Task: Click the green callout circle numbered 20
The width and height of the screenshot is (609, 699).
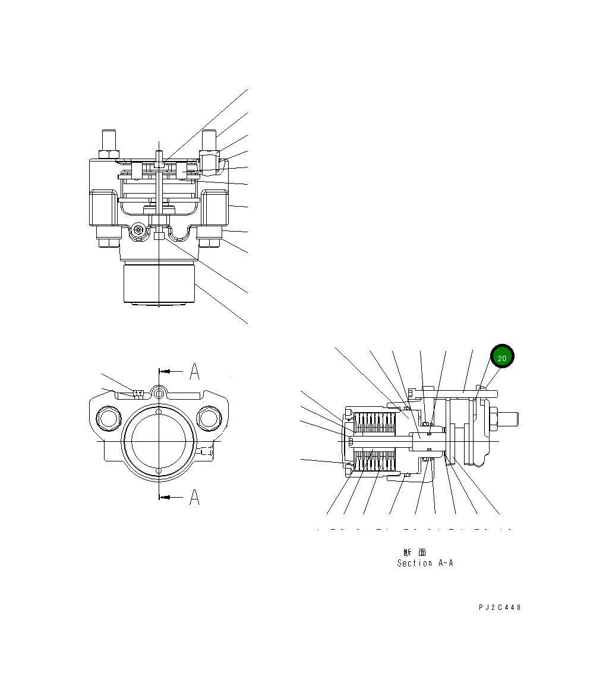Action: (501, 358)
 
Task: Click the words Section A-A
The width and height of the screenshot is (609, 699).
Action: (425, 563)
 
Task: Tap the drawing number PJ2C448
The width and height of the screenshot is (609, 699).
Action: (500, 607)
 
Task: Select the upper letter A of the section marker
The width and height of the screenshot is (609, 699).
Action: (194, 372)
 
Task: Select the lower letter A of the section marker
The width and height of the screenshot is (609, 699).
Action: (194, 498)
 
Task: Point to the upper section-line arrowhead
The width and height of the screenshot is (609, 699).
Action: (168, 371)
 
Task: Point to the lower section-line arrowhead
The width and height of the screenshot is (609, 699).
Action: (168, 496)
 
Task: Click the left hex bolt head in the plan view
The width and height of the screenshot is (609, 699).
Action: (109, 419)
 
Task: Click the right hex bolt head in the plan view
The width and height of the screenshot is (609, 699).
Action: (208, 419)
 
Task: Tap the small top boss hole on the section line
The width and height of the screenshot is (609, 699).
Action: (159, 393)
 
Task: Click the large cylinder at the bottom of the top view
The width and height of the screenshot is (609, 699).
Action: (159, 284)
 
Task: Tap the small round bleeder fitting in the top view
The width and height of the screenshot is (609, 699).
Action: (138, 230)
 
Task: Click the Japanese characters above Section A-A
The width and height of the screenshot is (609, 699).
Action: (414, 552)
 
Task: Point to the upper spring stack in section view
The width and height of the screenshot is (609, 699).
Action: (375, 423)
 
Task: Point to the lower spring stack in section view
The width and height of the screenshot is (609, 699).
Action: (375, 461)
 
